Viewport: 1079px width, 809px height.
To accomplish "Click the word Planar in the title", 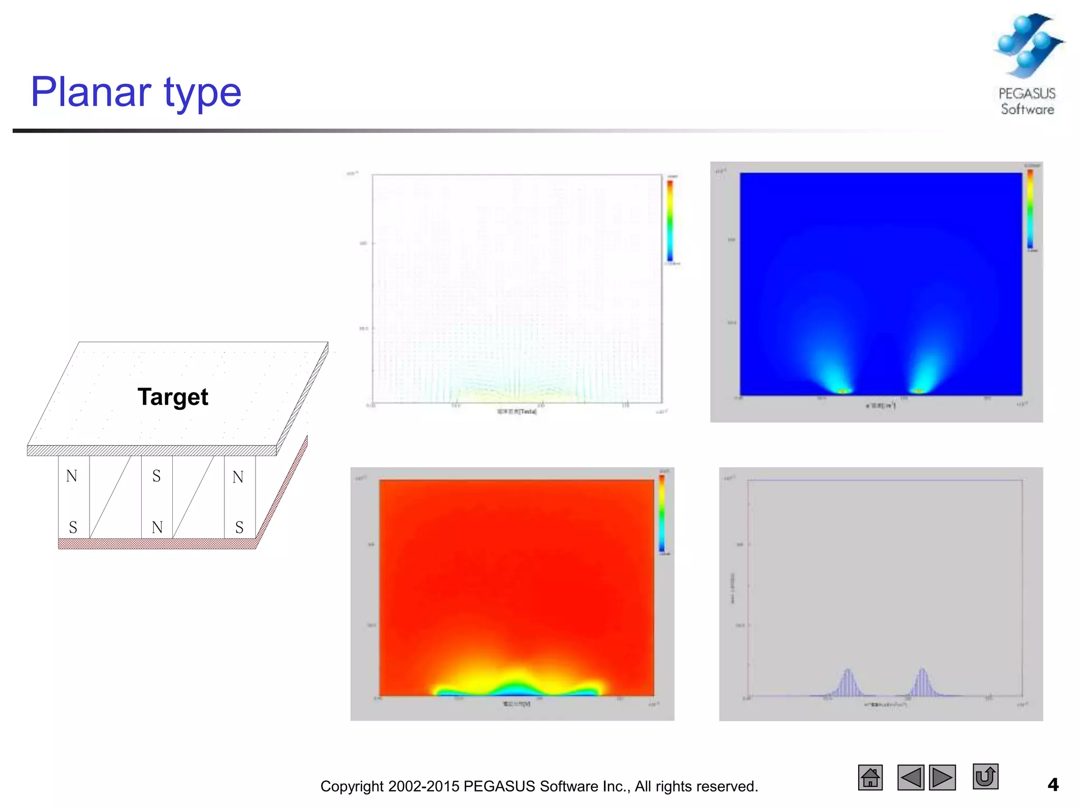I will tap(91, 92).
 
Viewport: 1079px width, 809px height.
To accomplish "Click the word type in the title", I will tap(203, 94).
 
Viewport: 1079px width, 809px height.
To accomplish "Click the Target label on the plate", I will tap(173, 397).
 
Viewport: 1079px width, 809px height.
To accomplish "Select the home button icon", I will tap(870, 777).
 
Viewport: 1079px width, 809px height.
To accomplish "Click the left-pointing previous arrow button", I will tap(910, 777).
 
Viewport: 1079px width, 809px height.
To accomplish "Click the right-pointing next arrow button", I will tap(942, 777).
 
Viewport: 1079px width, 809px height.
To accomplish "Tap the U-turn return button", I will tap(985, 777).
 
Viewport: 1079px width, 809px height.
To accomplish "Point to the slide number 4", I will tap(1053, 785).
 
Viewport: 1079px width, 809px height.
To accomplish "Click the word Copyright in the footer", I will tap(351, 786).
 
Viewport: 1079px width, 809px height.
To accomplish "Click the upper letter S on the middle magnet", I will tap(156, 476).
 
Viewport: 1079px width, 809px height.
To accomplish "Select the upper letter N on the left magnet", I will tap(72, 476).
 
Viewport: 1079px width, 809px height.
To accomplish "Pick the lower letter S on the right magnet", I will tap(239, 527).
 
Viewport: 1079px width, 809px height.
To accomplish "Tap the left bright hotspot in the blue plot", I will tap(842, 390).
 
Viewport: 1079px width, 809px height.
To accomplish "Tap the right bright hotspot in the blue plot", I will tap(919, 390).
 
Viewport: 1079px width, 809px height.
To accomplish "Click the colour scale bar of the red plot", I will tap(662, 514).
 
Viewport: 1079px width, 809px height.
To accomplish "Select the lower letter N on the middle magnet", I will tap(157, 527).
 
